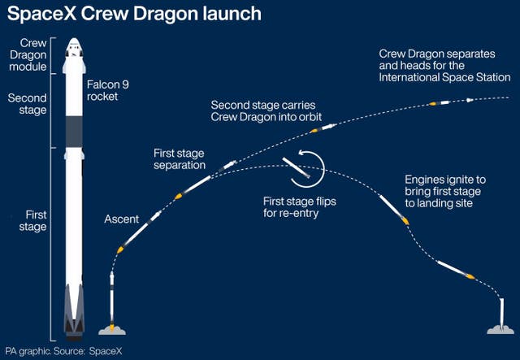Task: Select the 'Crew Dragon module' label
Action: point(27,54)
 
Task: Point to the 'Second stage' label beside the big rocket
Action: point(27,104)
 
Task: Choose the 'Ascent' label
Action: point(122,219)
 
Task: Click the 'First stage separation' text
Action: point(180,158)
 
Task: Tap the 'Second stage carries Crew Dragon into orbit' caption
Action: point(268,111)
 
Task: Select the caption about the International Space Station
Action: point(444,65)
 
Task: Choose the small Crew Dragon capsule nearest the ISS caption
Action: point(470,100)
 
